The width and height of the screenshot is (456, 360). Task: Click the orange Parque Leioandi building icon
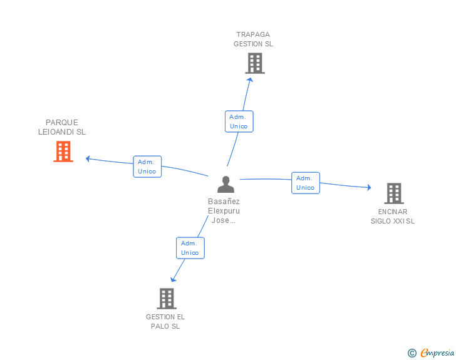(x=63, y=152)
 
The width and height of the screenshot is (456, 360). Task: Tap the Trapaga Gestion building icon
(x=254, y=63)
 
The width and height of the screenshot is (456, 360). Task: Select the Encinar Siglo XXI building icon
(x=393, y=193)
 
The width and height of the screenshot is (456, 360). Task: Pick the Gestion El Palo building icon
(x=166, y=299)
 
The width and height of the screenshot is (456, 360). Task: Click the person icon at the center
(x=225, y=184)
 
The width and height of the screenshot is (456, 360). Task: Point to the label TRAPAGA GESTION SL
(x=253, y=39)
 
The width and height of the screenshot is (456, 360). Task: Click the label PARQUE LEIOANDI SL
(x=62, y=127)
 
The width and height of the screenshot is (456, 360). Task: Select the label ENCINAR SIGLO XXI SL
(x=393, y=216)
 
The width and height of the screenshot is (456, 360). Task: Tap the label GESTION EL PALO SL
(x=165, y=321)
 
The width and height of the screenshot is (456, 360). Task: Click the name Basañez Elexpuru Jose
(x=224, y=211)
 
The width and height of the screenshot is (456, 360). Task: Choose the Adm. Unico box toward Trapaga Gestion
(x=239, y=121)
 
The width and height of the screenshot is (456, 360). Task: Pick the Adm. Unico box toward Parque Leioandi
(x=147, y=167)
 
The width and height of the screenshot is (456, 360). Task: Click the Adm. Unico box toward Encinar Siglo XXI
(x=306, y=183)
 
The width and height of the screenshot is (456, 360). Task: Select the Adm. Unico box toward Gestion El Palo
(x=190, y=248)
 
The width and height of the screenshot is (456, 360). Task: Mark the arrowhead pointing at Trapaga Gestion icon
(x=250, y=79)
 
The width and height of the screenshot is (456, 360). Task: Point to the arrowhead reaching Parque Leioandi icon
(x=88, y=158)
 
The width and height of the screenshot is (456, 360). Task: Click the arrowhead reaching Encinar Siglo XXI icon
(x=369, y=187)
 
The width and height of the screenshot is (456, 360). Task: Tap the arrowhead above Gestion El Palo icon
(x=174, y=279)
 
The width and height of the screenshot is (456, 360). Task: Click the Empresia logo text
(x=437, y=353)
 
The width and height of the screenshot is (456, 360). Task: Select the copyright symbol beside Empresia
(x=412, y=353)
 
